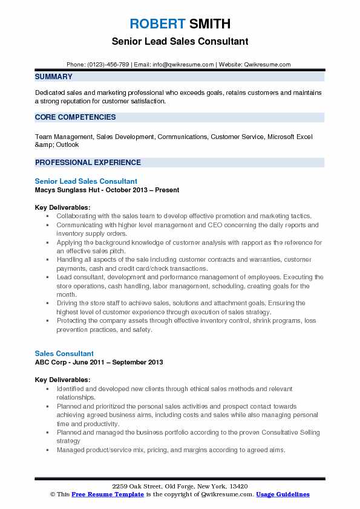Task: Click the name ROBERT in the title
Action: coord(156,24)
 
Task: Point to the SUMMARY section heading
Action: coord(54,77)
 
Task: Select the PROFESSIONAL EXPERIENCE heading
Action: coord(88,162)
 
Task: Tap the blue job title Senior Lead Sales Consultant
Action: coord(86,181)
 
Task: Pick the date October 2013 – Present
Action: coord(143,189)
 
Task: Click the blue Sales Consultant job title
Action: coord(64,353)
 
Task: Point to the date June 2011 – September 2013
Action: coord(125,361)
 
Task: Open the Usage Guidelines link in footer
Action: coord(283,494)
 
